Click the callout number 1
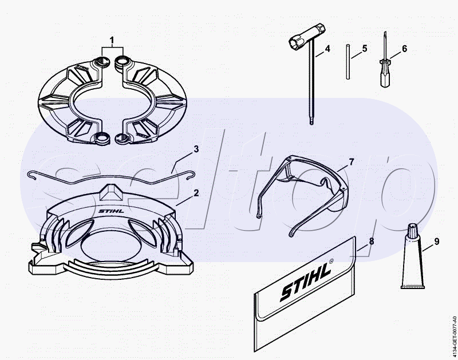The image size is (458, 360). tap(112, 40)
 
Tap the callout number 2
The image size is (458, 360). tap(196, 193)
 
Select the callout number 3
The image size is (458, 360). tap(196, 149)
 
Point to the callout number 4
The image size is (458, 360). tap(327, 49)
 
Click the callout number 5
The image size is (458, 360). tap(365, 49)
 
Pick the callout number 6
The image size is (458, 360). tap(404, 49)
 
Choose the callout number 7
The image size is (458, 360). tap(352, 162)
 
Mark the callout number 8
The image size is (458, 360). tap(371, 241)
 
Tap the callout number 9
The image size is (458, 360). tap(437, 242)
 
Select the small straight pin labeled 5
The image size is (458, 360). tap(348, 62)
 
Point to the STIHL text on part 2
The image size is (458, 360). tap(111, 211)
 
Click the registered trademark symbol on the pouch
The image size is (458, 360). tap(331, 261)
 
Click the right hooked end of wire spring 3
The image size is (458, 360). tap(191, 174)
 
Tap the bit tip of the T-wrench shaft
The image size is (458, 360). tap(312, 122)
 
